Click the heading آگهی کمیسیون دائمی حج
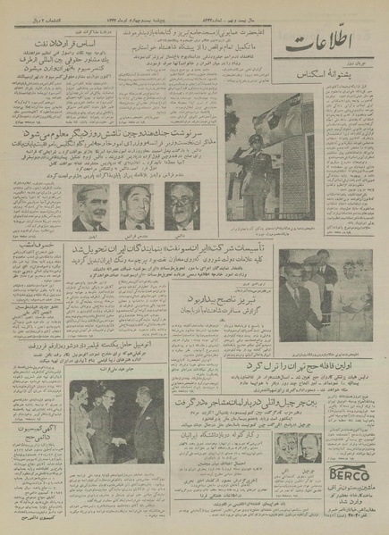(x=39, y=456)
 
